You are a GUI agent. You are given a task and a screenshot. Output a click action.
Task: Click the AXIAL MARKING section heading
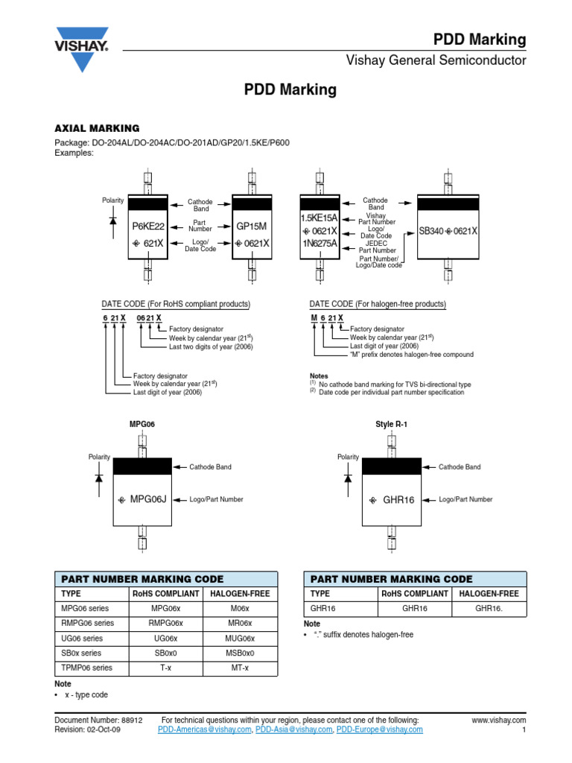click(98, 128)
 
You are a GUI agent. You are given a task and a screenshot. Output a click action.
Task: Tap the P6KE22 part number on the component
click(148, 227)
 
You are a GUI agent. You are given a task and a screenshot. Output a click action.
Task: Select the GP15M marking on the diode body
click(251, 227)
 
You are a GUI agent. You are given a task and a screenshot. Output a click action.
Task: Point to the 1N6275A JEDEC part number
click(319, 244)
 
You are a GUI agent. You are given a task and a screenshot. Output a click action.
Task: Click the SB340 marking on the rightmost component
click(431, 231)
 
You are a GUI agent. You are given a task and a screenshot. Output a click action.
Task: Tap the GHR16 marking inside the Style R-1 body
click(398, 499)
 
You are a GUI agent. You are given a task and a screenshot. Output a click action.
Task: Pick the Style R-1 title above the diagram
click(392, 424)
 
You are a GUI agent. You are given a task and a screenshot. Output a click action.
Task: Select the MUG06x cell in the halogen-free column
click(240, 639)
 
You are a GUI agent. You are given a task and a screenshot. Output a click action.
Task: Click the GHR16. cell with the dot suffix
click(490, 608)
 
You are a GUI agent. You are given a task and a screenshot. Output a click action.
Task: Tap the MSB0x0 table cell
click(240, 653)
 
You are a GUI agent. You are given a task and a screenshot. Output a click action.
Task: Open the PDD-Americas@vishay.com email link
click(205, 730)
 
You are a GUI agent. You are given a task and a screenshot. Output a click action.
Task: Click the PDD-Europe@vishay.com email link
click(380, 730)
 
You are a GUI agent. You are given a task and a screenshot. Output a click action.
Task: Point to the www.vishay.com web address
click(499, 721)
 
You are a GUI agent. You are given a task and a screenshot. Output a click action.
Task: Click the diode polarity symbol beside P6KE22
click(112, 220)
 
